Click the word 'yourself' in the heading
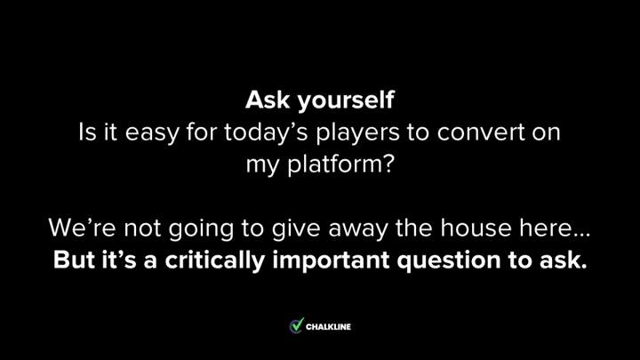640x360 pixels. click(346, 100)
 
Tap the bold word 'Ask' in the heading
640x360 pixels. click(268, 100)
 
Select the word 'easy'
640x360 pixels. click(152, 133)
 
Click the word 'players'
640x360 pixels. click(357, 132)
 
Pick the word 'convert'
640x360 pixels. click(481, 132)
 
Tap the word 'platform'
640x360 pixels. click(335, 164)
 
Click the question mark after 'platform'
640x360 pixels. click(389, 164)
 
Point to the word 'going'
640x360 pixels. click(201, 229)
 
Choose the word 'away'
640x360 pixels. click(358, 230)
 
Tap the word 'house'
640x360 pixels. click(476, 228)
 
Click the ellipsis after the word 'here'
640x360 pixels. click(582, 235)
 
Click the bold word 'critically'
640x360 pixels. click(215, 260)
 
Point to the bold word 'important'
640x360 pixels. click(331, 260)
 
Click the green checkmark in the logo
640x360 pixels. click(298, 324)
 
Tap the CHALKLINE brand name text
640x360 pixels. click(328, 327)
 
